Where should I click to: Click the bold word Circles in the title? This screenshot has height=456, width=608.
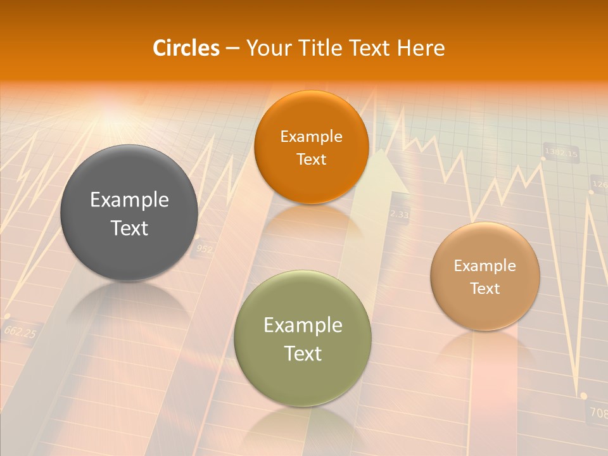pos(186,47)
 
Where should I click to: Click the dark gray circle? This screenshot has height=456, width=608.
pos(129,213)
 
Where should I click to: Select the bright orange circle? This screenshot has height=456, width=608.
pos(311,147)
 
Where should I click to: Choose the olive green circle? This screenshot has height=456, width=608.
pos(303,338)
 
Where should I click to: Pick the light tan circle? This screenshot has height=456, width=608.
pos(485,276)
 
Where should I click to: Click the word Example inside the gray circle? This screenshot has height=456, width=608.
pos(129,199)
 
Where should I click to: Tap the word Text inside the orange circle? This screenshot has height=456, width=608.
pos(311,159)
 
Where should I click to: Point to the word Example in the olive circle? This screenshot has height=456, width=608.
pos(303,325)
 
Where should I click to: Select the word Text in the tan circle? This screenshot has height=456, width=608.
pos(485,288)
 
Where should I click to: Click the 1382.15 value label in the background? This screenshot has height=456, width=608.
pos(561,153)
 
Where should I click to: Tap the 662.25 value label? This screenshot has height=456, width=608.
pos(20,331)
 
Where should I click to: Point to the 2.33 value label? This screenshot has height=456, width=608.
pos(399,214)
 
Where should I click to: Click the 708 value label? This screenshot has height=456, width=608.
pos(598,412)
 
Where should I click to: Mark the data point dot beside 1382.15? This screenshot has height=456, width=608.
pos(543,158)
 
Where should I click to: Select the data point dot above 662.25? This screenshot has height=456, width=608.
pos(7,315)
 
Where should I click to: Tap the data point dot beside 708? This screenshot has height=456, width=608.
pos(583,396)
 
